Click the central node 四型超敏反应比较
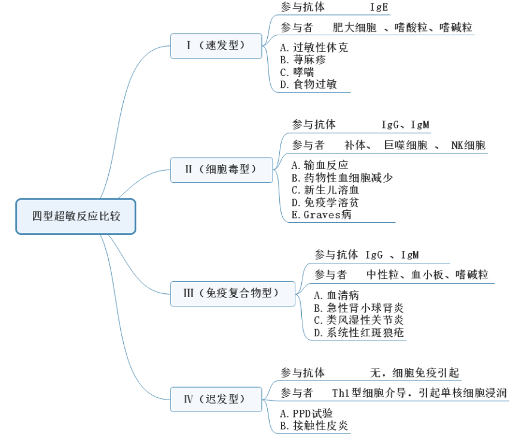pyautogui.click(x=76, y=216)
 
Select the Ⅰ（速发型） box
pyautogui.click(x=216, y=45)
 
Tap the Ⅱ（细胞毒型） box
pyautogui.click(x=221, y=170)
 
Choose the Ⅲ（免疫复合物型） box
pyautogui.click(x=233, y=293)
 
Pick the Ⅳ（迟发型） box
pyautogui.click(x=216, y=399)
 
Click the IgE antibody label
pyautogui.click(x=379, y=8)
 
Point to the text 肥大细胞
pyautogui.click(x=355, y=27)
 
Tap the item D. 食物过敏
pyautogui.click(x=309, y=84)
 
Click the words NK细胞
pyautogui.click(x=468, y=145)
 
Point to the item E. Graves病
pyautogui.click(x=322, y=215)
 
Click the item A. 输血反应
pyautogui.click(x=320, y=165)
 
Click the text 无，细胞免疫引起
pyautogui.click(x=414, y=373)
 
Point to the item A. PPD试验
pyautogui.click(x=306, y=413)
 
